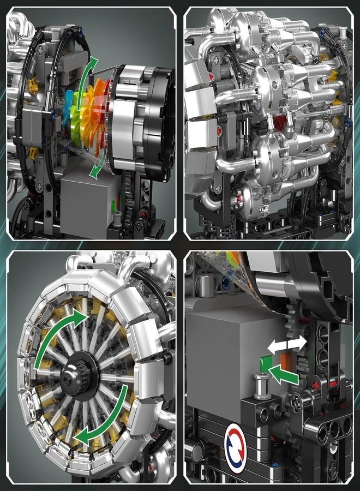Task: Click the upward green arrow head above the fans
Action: pos(93,63)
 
